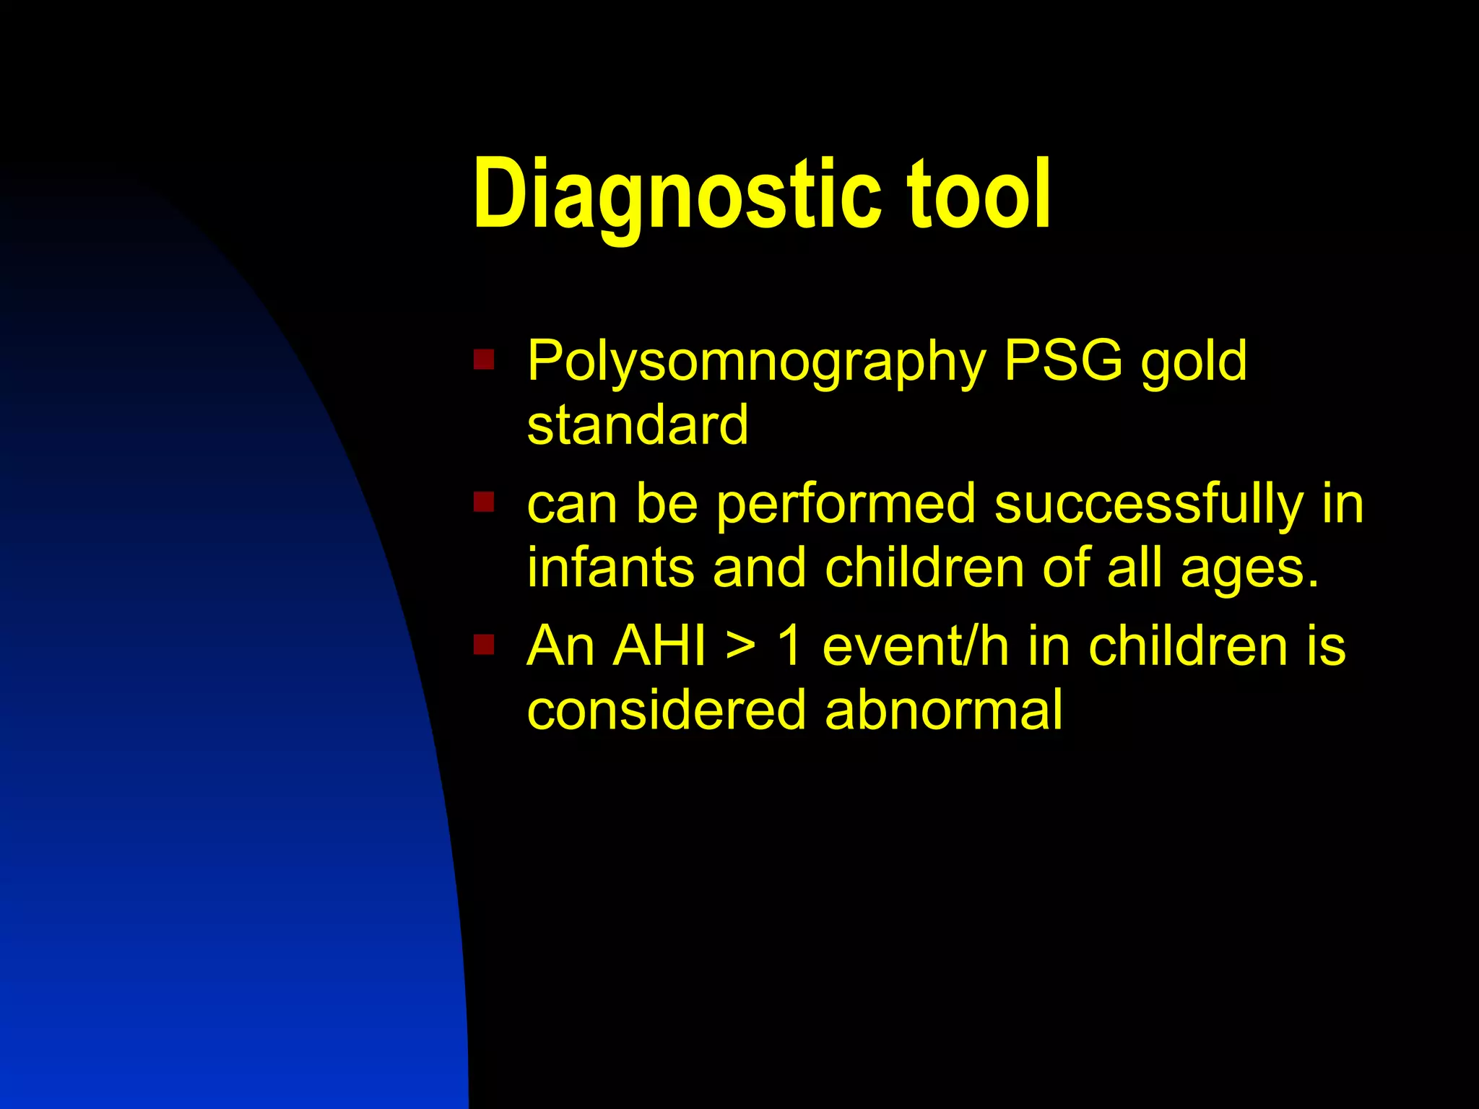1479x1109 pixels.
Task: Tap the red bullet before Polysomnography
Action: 483,359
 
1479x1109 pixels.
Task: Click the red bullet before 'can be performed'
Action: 483,501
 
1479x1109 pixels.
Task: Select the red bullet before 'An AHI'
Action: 483,643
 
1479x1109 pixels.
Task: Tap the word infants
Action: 611,567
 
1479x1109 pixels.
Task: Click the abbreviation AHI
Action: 659,645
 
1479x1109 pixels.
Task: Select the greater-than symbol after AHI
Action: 741,645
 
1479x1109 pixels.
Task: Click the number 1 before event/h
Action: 789,645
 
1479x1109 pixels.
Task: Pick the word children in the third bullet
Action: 1188,645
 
